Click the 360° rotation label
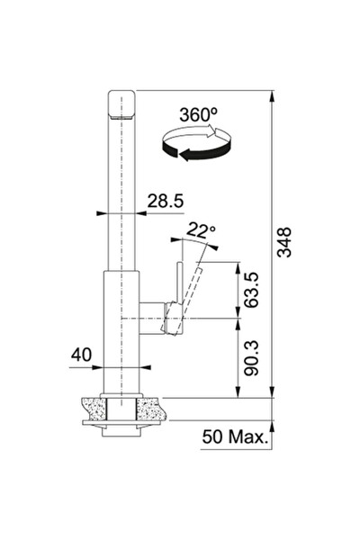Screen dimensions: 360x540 click(198, 115)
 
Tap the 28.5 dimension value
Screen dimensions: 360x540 click(166, 201)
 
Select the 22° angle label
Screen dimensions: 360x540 click(201, 230)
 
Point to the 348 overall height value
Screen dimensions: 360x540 click(284, 242)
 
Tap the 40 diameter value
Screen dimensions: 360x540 click(81, 355)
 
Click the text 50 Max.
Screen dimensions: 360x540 click(235, 436)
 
